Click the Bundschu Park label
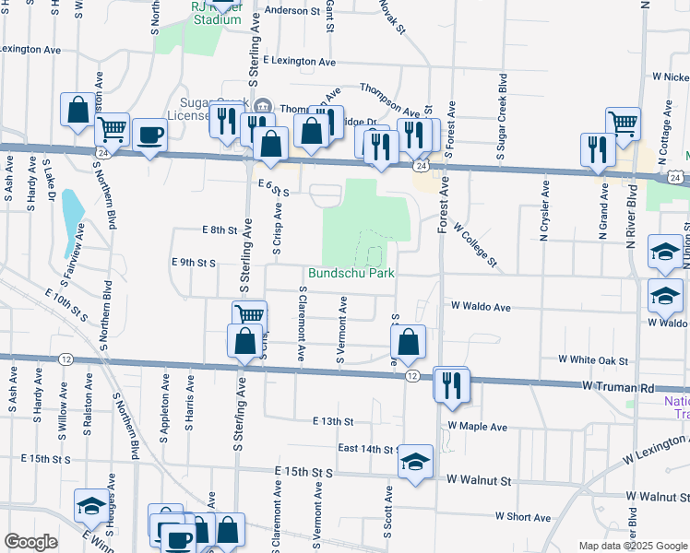(351, 274)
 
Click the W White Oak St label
(592, 360)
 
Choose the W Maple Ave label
(477, 427)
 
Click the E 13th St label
(332, 421)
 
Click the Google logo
(30, 542)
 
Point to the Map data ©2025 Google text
(633, 546)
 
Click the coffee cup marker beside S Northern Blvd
(149, 135)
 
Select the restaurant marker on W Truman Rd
(451, 384)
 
